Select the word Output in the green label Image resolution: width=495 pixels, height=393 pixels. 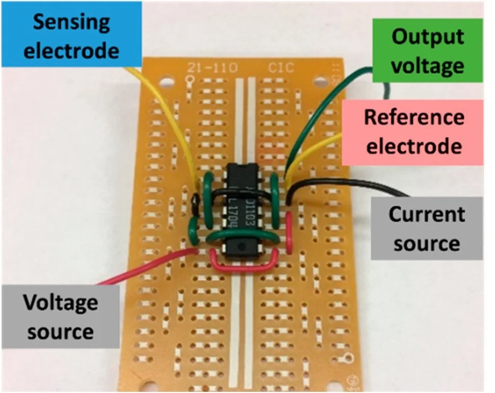[x=427, y=37]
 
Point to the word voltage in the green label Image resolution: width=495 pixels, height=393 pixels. [x=428, y=65]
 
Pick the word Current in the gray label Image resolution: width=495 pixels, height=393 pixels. [x=427, y=215]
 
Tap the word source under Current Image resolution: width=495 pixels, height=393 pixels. [x=427, y=244]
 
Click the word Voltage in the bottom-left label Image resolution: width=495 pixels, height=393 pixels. [x=60, y=303]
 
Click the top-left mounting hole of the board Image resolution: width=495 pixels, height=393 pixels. [x=164, y=82]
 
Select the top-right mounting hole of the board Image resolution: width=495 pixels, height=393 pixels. [x=320, y=82]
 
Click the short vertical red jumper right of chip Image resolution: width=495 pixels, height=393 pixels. [x=289, y=232]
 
